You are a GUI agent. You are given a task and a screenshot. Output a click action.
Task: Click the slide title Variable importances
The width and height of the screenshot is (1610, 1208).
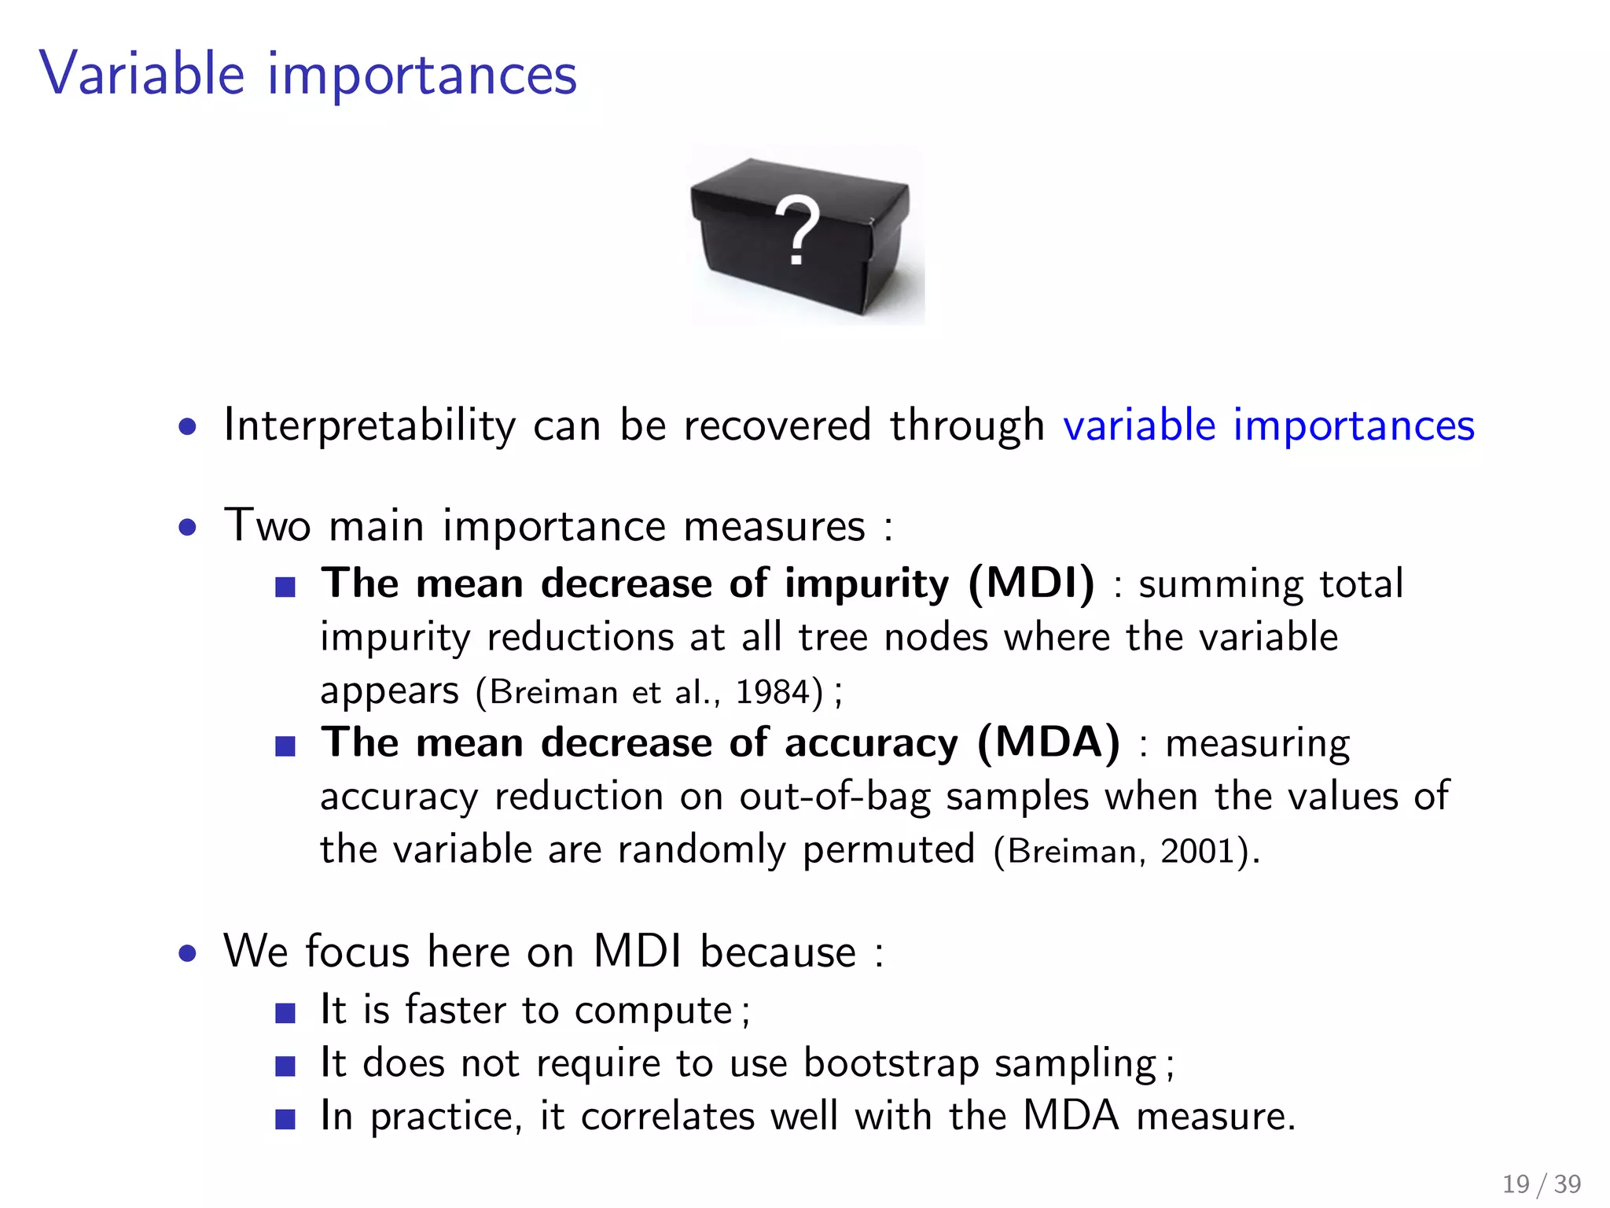pyautogui.click(x=308, y=75)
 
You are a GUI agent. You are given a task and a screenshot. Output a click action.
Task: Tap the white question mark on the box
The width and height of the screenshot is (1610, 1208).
pyautogui.click(x=796, y=230)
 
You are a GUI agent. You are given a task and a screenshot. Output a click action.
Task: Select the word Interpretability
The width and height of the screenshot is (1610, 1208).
pyautogui.click(x=369, y=425)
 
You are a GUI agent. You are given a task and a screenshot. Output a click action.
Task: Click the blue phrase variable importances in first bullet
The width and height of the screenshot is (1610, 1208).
pyautogui.click(x=1268, y=425)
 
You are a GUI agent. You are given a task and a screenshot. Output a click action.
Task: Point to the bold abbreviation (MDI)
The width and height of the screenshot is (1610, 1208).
pyautogui.click(x=1031, y=584)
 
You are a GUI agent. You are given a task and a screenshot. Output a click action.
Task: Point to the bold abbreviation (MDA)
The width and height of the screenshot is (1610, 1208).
pyautogui.click(x=1049, y=742)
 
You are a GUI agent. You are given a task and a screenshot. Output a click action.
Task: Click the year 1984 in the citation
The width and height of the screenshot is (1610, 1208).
pyautogui.click(x=773, y=692)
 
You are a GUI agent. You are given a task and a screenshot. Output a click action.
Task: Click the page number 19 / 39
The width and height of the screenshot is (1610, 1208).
pyautogui.click(x=1541, y=1184)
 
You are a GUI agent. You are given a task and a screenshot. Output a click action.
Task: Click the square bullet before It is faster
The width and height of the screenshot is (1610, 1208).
pyautogui.click(x=285, y=1013)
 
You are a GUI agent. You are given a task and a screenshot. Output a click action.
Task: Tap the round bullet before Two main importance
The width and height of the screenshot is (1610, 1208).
pyautogui.click(x=187, y=527)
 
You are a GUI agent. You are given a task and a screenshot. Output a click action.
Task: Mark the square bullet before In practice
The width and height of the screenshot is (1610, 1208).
pyautogui.click(x=285, y=1118)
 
